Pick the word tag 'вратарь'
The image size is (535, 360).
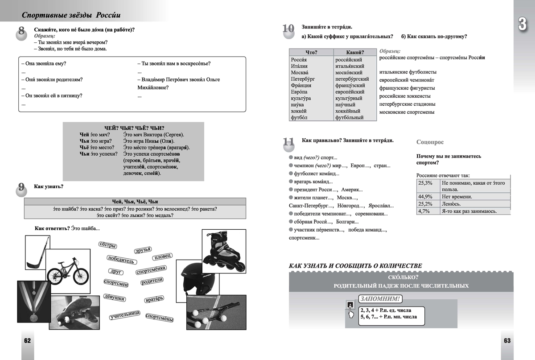pos(155,298)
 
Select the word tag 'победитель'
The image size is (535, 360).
pos(120,260)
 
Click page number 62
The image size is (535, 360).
pos(27,341)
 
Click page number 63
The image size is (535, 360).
pos(507,341)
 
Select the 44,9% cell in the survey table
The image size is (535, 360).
pos(425,197)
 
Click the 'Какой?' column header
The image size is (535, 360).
pos(355,53)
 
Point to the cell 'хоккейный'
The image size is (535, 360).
pos(350,111)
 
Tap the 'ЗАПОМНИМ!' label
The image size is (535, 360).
pos(381,299)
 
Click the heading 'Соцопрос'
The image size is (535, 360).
pos(430,142)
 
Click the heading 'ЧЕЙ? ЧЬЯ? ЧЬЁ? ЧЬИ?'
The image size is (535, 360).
pos(134,128)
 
